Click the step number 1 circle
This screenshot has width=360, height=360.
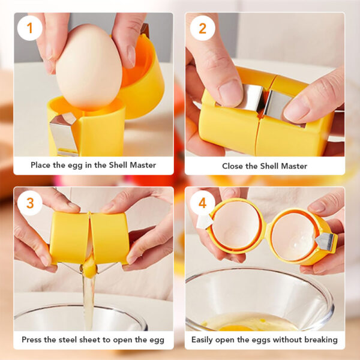(x=29, y=28)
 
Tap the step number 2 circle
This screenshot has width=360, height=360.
(x=203, y=28)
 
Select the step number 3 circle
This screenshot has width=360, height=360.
(x=30, y=203)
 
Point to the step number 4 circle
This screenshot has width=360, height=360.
(x=203, y=203)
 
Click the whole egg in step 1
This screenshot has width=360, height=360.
(x=89, y=67)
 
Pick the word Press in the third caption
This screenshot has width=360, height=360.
(x=31, y=340)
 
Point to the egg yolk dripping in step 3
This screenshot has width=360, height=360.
(x=89, y=268)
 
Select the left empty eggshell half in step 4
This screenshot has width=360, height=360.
(x=236, y=226)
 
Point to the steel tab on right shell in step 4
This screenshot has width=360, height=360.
(x=325, y=242)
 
